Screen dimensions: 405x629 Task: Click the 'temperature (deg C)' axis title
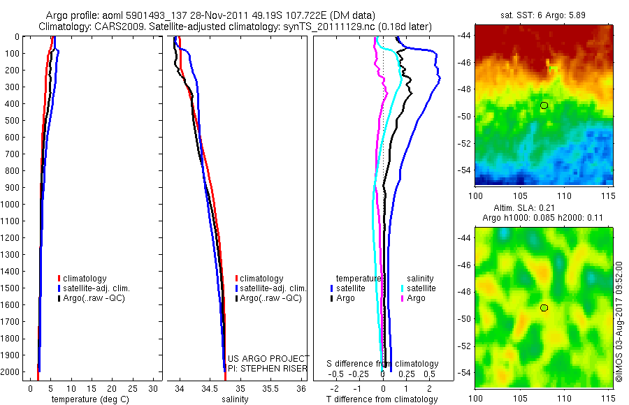click(85, 399)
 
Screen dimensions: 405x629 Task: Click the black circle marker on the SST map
click(544, 105)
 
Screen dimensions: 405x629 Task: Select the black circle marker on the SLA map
click(544, 308)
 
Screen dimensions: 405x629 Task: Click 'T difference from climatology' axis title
click(383, 399)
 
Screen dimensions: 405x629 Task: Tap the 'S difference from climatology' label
click(383, 364)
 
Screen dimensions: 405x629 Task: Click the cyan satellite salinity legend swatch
click(404, 288)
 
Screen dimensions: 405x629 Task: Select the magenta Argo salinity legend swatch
click(404, 298)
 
